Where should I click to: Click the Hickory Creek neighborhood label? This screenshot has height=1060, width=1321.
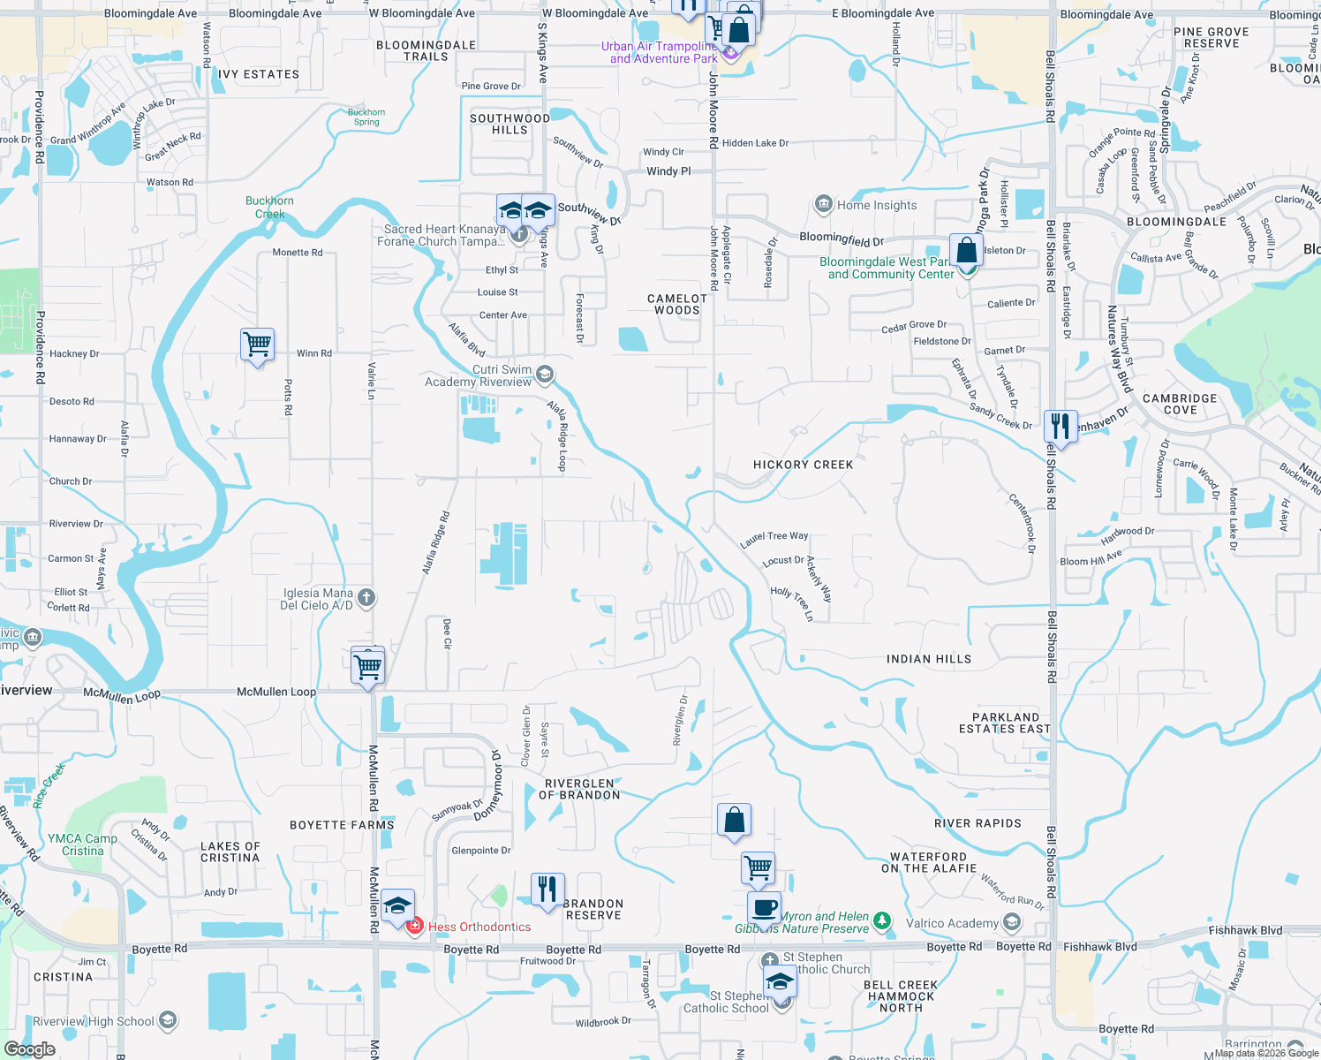(803, 465)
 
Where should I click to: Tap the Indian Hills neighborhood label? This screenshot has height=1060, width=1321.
(928, 659)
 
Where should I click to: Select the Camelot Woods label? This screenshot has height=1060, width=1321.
(677, 304)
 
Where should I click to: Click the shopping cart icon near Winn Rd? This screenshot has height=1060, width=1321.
(257, 344)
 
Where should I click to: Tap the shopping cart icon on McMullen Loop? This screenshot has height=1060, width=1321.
(367, 664)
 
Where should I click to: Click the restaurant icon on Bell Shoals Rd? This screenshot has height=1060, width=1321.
(1060, 427)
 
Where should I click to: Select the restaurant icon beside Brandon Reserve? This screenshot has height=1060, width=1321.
(547, 889)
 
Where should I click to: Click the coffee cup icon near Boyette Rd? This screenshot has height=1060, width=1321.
(764, 907)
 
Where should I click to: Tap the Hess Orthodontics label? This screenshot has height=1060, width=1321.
(479, 927)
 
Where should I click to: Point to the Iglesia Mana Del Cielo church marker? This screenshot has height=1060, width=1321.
(366, 598)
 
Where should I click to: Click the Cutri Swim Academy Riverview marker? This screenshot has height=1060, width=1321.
(545, 375)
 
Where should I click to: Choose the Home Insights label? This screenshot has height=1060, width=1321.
(876, 205)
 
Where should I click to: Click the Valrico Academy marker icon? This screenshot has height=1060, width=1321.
(1012, 923)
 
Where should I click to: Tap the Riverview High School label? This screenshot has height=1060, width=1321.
(94, 1021)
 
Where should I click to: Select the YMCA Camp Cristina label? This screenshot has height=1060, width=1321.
(83, 844)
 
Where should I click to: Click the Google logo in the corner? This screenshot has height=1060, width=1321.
(29, 1049)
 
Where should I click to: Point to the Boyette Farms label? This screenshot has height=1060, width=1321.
(342, 825)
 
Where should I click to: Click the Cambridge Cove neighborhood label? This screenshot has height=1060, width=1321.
(1180, 404)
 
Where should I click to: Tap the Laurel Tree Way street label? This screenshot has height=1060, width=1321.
(774, 537)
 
